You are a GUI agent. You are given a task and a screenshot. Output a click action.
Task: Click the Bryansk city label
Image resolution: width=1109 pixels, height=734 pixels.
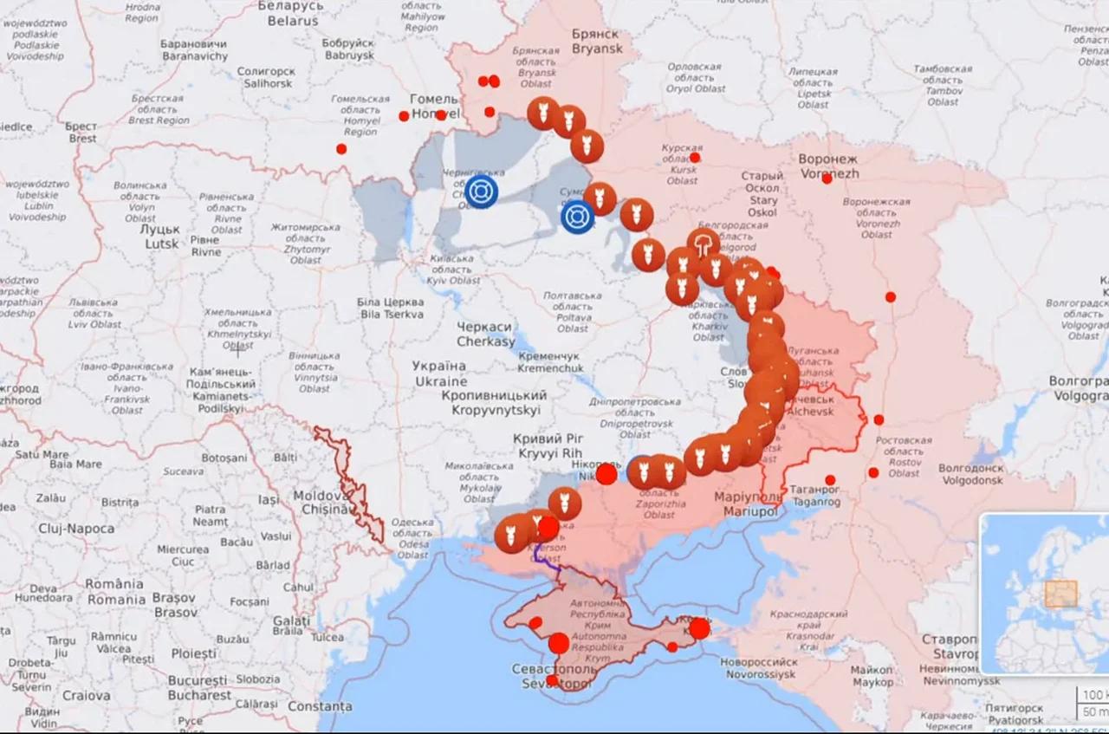point(596,41)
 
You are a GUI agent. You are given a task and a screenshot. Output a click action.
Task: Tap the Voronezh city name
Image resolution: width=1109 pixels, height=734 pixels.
point(827,166)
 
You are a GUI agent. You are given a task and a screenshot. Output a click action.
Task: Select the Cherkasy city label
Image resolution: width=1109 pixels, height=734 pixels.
point(485,335)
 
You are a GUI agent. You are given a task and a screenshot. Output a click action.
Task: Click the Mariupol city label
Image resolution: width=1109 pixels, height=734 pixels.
point(746,504)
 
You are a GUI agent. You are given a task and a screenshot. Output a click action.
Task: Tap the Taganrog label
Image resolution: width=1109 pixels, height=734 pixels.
point(814,495)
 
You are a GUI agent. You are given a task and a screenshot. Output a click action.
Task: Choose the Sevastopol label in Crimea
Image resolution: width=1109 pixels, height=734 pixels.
point(553,677)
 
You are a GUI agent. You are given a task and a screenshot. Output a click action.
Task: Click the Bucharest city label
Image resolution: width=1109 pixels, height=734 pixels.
point(199,687)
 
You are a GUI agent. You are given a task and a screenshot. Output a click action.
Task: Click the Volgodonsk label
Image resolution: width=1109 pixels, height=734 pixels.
point(971,474)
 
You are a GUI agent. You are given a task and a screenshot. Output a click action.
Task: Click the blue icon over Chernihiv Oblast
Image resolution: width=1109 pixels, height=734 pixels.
point(481,192)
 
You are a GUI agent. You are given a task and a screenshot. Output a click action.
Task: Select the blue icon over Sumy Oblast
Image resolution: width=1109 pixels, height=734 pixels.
point(577,217)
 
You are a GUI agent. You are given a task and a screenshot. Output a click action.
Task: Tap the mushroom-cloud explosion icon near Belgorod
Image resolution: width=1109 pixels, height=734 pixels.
point(704,244)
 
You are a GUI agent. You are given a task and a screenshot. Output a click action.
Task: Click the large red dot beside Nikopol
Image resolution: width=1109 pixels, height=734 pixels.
point(606,474)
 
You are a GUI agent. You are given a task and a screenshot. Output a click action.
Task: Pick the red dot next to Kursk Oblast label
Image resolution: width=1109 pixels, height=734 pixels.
point(694,158)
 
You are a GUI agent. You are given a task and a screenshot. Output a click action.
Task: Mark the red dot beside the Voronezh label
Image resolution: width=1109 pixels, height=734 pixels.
point(827,179)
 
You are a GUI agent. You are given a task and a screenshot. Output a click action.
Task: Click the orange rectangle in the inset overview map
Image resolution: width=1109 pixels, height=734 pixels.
point(1060,594)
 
